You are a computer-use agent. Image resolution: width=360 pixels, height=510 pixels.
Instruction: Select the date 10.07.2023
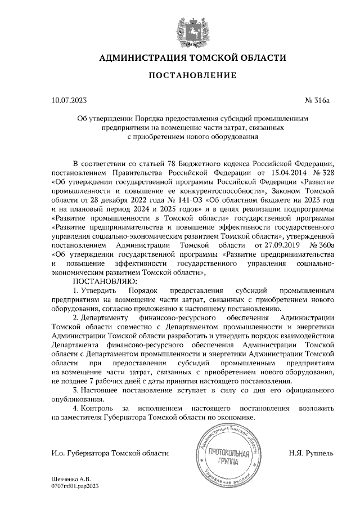(x=69, y=101)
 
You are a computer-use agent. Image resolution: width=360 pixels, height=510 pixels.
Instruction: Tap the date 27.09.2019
(x=276, y=245)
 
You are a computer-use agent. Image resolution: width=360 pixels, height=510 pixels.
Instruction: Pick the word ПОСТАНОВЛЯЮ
(x=101, y=281)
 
